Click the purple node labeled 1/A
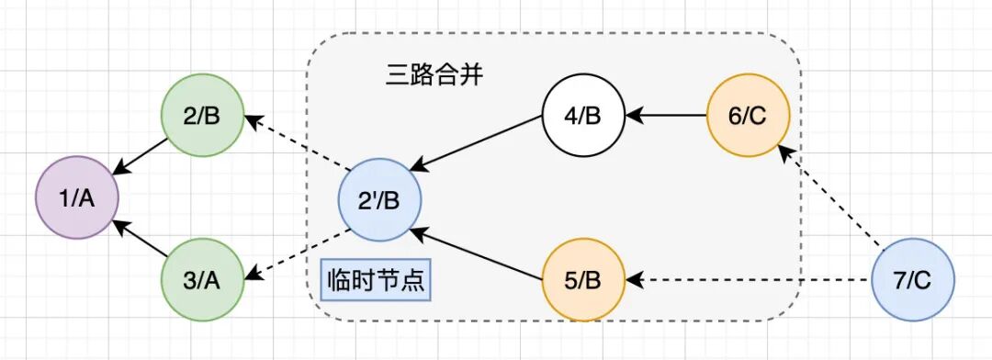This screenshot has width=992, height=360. pos(77,198)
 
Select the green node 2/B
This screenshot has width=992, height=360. pos(202,117)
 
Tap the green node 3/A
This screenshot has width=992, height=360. pos(202,278)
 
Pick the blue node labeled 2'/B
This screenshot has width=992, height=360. pos(379,199)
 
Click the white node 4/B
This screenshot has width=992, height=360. pos(583,117)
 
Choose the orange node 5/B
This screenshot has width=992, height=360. pos(583,280)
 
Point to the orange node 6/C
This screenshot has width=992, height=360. pos(749,117)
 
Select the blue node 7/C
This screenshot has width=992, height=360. pos(912,279)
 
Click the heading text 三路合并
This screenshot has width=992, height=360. pos(434,75)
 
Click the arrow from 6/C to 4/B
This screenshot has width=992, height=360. pos(666,117)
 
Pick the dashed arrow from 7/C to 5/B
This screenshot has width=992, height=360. pos(748,279)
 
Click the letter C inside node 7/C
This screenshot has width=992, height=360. pos(925,280)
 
